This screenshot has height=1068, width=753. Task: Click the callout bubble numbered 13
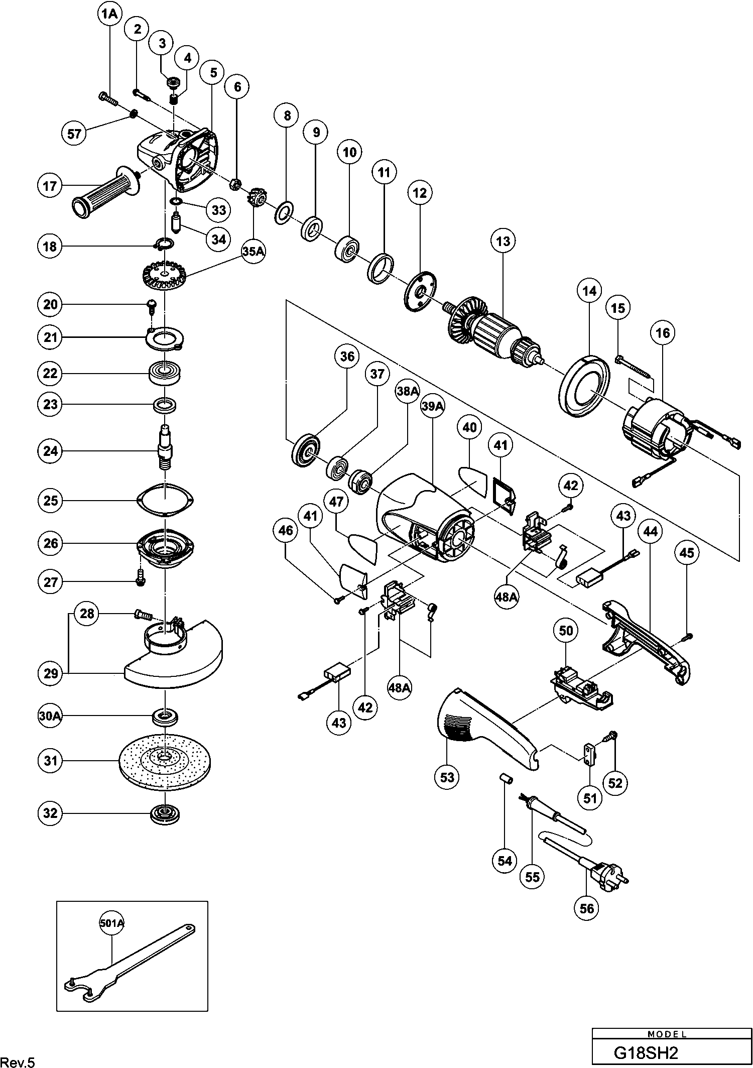503,241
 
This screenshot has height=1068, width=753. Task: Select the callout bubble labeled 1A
109,15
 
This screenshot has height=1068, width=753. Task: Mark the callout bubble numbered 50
566,630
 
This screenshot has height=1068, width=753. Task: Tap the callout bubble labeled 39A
433,407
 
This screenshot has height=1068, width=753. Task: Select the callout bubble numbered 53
447,778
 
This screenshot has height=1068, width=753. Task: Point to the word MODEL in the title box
667,1034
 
